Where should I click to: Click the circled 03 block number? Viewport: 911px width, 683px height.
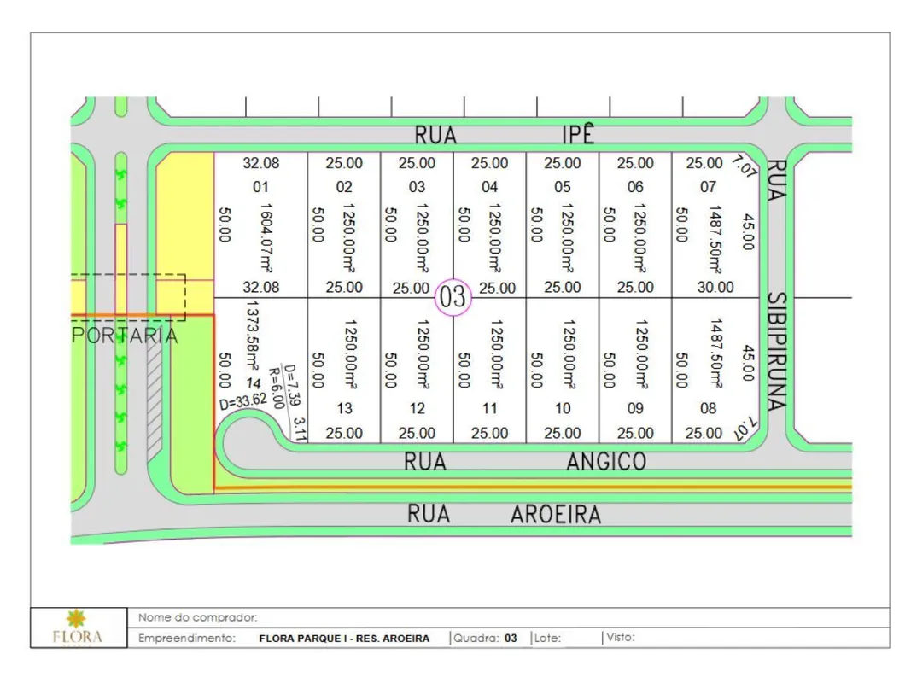453,297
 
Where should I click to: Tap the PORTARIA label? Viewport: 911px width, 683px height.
125,336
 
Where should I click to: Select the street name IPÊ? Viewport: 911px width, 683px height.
579,134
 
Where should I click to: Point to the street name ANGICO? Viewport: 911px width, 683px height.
606,462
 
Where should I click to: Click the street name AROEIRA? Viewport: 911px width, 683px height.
556,515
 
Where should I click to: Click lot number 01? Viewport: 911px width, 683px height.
261,187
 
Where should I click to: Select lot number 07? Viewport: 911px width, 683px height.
709,187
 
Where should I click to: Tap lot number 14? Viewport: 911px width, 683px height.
254,383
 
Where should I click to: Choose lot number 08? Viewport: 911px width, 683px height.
709,408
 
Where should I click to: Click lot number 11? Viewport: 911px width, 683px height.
490,408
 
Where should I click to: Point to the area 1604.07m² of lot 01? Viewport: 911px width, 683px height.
266,238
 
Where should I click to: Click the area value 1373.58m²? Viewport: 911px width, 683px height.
253,336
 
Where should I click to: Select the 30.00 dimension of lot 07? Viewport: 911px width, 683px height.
715,287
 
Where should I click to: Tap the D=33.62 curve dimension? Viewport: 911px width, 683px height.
243,401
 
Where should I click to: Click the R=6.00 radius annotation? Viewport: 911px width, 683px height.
277,388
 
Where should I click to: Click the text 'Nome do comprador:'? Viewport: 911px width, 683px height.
197,617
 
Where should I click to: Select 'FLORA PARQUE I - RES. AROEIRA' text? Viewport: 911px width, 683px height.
344,639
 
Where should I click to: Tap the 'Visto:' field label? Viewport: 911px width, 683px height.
621,637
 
